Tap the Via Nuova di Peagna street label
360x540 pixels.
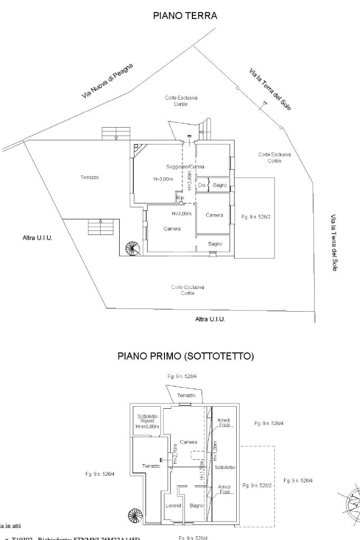point(108,81)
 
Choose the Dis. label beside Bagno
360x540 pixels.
point(201,185)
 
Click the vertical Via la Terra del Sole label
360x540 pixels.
point(334,243)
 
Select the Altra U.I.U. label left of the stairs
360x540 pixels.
point(38,237)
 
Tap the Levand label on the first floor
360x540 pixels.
point(173,505)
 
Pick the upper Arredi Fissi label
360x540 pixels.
point(224,421)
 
